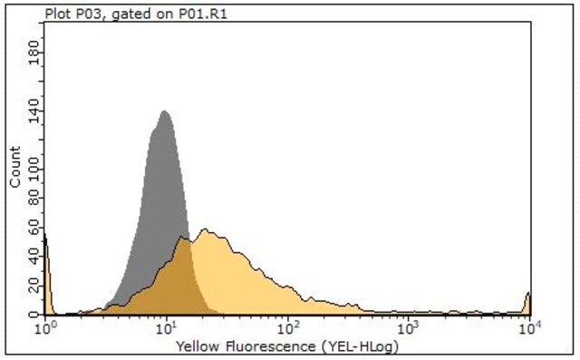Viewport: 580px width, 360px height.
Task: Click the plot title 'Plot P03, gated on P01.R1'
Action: pos(136,15)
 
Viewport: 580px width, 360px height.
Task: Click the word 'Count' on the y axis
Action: pos(15,167)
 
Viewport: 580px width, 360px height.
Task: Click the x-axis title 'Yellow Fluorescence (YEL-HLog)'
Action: pos(287,347)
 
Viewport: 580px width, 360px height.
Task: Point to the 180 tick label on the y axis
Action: pos(34,53)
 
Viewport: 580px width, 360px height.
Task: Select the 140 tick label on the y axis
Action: pos(34,111)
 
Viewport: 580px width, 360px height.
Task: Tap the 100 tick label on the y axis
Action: pos(34,169)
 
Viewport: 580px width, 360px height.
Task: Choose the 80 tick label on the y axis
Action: pos(34,198)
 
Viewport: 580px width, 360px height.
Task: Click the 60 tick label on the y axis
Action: pos(34,228)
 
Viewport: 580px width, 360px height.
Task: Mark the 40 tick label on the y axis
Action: pos(34,256)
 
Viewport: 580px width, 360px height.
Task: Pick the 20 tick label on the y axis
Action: pos(34,286)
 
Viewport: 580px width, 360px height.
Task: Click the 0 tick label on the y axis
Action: pos(34,314)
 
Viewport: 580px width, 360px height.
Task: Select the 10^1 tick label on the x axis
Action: pos(167,327)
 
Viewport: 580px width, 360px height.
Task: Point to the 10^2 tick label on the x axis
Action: pos(288,327)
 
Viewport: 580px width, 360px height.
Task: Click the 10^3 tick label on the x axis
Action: pos(409,327)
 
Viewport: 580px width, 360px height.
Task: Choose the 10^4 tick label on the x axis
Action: pos(530,327)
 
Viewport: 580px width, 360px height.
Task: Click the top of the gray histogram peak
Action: pos(164,111)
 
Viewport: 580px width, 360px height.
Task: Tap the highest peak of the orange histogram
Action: pos(205,229)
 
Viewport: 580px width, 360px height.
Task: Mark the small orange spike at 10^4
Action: pos(528,294)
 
